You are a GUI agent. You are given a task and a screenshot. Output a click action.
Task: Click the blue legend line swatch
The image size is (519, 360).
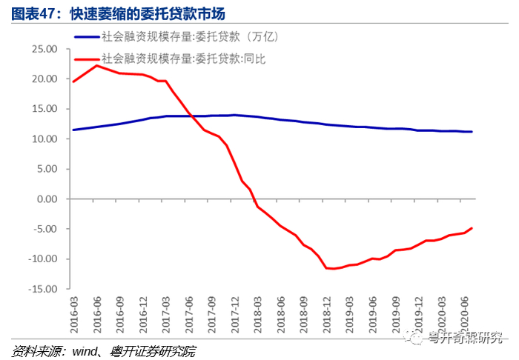click(x=87, y=37)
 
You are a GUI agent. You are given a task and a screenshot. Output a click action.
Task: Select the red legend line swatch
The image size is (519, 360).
click(x=87, y=59)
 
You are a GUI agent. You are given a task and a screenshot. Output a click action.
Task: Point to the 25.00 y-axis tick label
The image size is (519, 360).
click(x=44, y=49)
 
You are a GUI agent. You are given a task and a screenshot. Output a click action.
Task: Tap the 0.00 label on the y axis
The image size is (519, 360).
click(x=47, y=199)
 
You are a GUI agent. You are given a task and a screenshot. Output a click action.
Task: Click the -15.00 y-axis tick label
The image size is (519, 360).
click(x=43, y=289)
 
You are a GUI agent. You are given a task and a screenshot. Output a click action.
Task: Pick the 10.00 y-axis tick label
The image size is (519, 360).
click(x=44, y=139)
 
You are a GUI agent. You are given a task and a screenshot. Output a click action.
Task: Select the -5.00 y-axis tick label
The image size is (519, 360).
click(x=45, y=229)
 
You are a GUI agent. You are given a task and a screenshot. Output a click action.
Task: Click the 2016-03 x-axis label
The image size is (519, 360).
click(x=74, y=315)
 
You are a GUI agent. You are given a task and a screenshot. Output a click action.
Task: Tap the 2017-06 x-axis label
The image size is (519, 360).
click(x=188, y=315)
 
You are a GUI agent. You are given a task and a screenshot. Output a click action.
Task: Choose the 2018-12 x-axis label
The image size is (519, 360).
click(x=327, y=315)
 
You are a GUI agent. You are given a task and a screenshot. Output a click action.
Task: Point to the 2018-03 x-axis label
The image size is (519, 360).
click(x=257, y=315)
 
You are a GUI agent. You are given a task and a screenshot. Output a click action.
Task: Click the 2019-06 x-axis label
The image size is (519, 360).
click(x=373, y=315)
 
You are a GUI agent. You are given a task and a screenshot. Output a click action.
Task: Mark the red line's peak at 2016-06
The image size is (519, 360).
click(x=96, y=65)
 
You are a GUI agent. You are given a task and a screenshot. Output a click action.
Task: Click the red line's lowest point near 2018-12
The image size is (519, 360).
click(x=334, y=268)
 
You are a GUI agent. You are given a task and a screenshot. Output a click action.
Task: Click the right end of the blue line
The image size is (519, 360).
click(x=472, y=132)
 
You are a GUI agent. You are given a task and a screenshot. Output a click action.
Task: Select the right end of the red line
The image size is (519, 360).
click(x=472, y=228)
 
